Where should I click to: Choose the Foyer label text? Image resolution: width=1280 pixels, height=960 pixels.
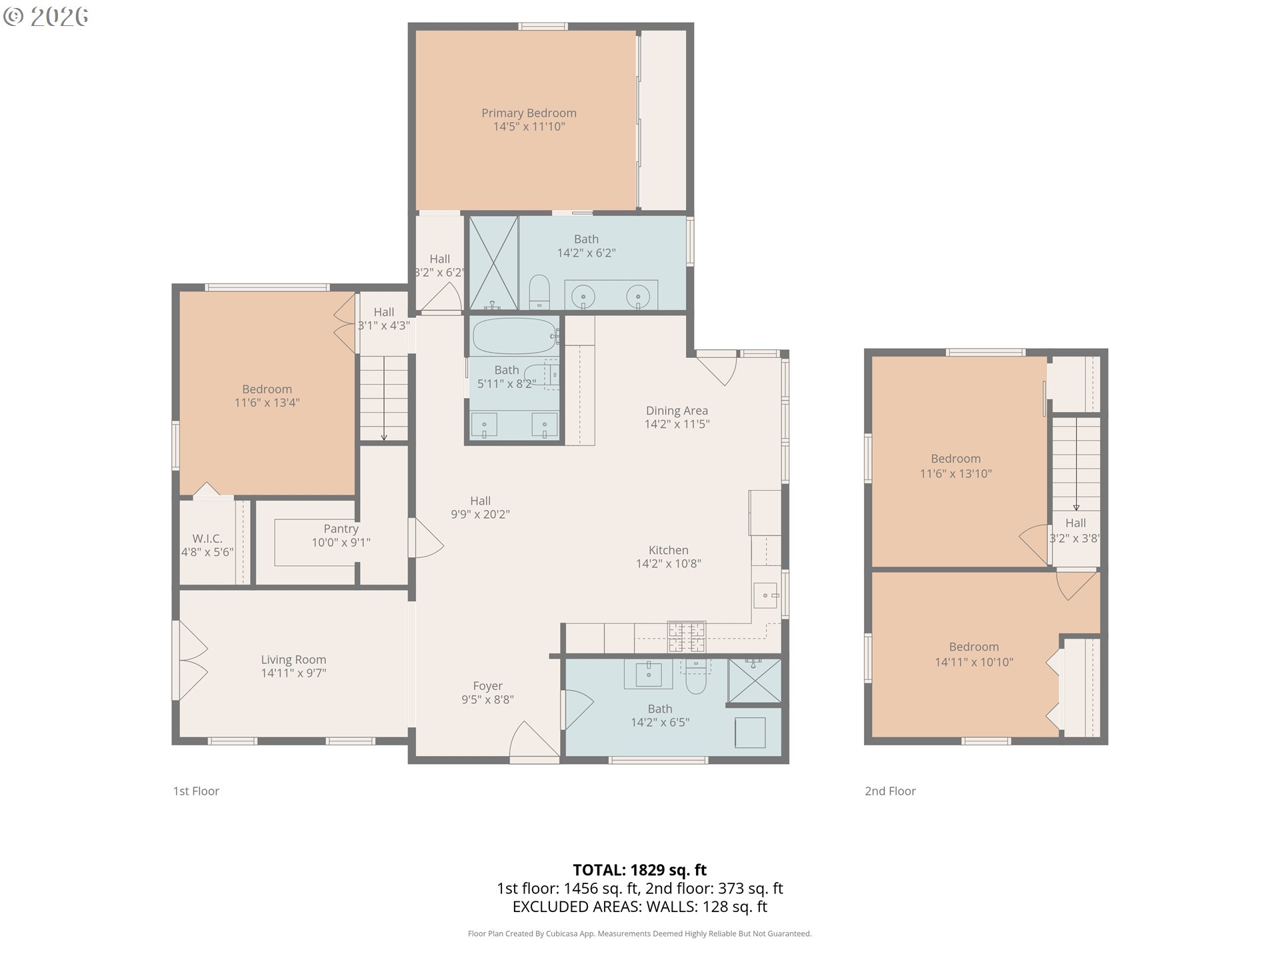(487, 686)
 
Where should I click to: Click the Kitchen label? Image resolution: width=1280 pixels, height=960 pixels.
(669, 550)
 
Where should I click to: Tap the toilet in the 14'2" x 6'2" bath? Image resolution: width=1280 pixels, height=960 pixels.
(539, 293)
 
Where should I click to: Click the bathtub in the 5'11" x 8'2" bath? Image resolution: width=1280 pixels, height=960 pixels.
(515, 336)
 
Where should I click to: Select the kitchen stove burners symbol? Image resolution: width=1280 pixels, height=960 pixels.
(687, 637)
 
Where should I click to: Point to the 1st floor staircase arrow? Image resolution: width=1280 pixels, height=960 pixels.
(384, 399)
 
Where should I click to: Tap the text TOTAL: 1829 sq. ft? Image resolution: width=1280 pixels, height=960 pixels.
(640, 870)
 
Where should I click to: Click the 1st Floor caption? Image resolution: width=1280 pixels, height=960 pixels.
(196, 791)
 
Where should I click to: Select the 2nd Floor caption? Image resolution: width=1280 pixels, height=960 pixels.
(890, 791)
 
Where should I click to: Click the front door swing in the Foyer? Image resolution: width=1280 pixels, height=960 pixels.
(534, 740)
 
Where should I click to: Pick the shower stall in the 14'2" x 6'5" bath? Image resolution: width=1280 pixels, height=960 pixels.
(754, 681)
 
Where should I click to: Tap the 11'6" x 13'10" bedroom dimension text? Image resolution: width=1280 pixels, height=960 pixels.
(956, 474)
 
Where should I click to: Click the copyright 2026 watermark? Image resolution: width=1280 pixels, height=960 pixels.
(45, 17)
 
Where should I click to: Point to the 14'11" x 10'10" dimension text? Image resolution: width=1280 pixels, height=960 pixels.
(974, 662)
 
